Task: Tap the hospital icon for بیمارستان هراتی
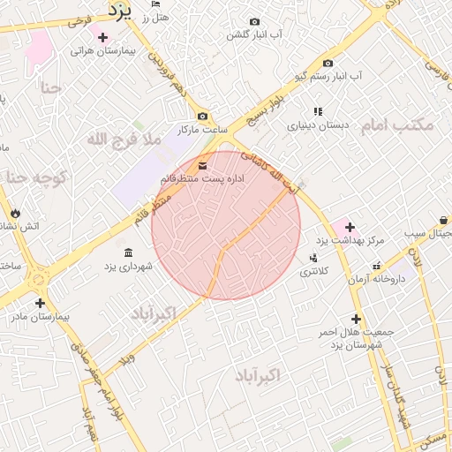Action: point(103,37)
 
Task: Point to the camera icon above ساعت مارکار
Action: point(203,117)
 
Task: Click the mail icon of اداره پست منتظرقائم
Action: point(204,165)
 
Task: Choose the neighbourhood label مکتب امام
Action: point(397,124)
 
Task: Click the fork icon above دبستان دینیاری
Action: point(318,111)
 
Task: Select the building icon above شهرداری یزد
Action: point(129,252)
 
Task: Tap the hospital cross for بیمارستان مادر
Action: point(40,303)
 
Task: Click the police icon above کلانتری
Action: point(313,258)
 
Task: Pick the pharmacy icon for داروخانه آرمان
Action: point(376,266)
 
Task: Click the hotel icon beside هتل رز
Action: point(155,17)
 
